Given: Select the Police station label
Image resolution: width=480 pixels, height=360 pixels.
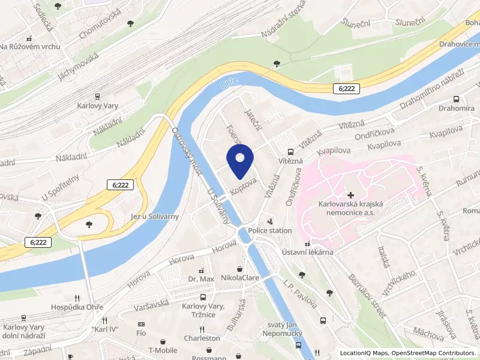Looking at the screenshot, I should [271, 230].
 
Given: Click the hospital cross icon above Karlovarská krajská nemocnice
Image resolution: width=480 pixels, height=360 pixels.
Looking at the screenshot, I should [350, 195].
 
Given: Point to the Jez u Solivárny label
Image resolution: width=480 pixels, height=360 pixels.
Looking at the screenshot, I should [155, 216].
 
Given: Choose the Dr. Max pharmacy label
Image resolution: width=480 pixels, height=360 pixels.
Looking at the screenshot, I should [201, 280].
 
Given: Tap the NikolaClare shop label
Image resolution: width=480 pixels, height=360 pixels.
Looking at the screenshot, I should [241, 278].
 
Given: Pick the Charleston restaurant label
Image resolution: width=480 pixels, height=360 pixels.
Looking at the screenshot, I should [202, 338].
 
